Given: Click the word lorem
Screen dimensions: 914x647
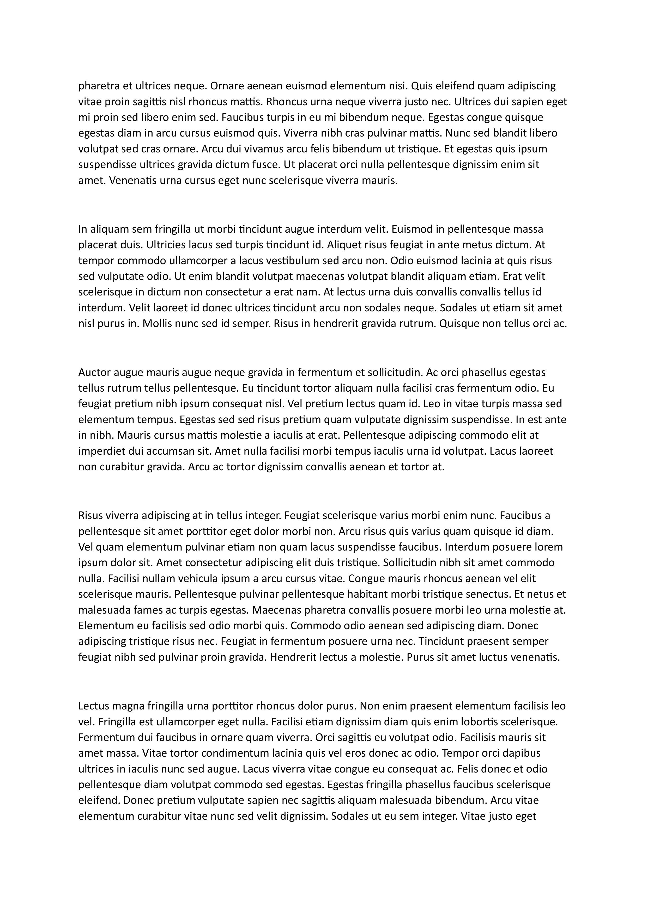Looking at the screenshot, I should click(x=549, y=547).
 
